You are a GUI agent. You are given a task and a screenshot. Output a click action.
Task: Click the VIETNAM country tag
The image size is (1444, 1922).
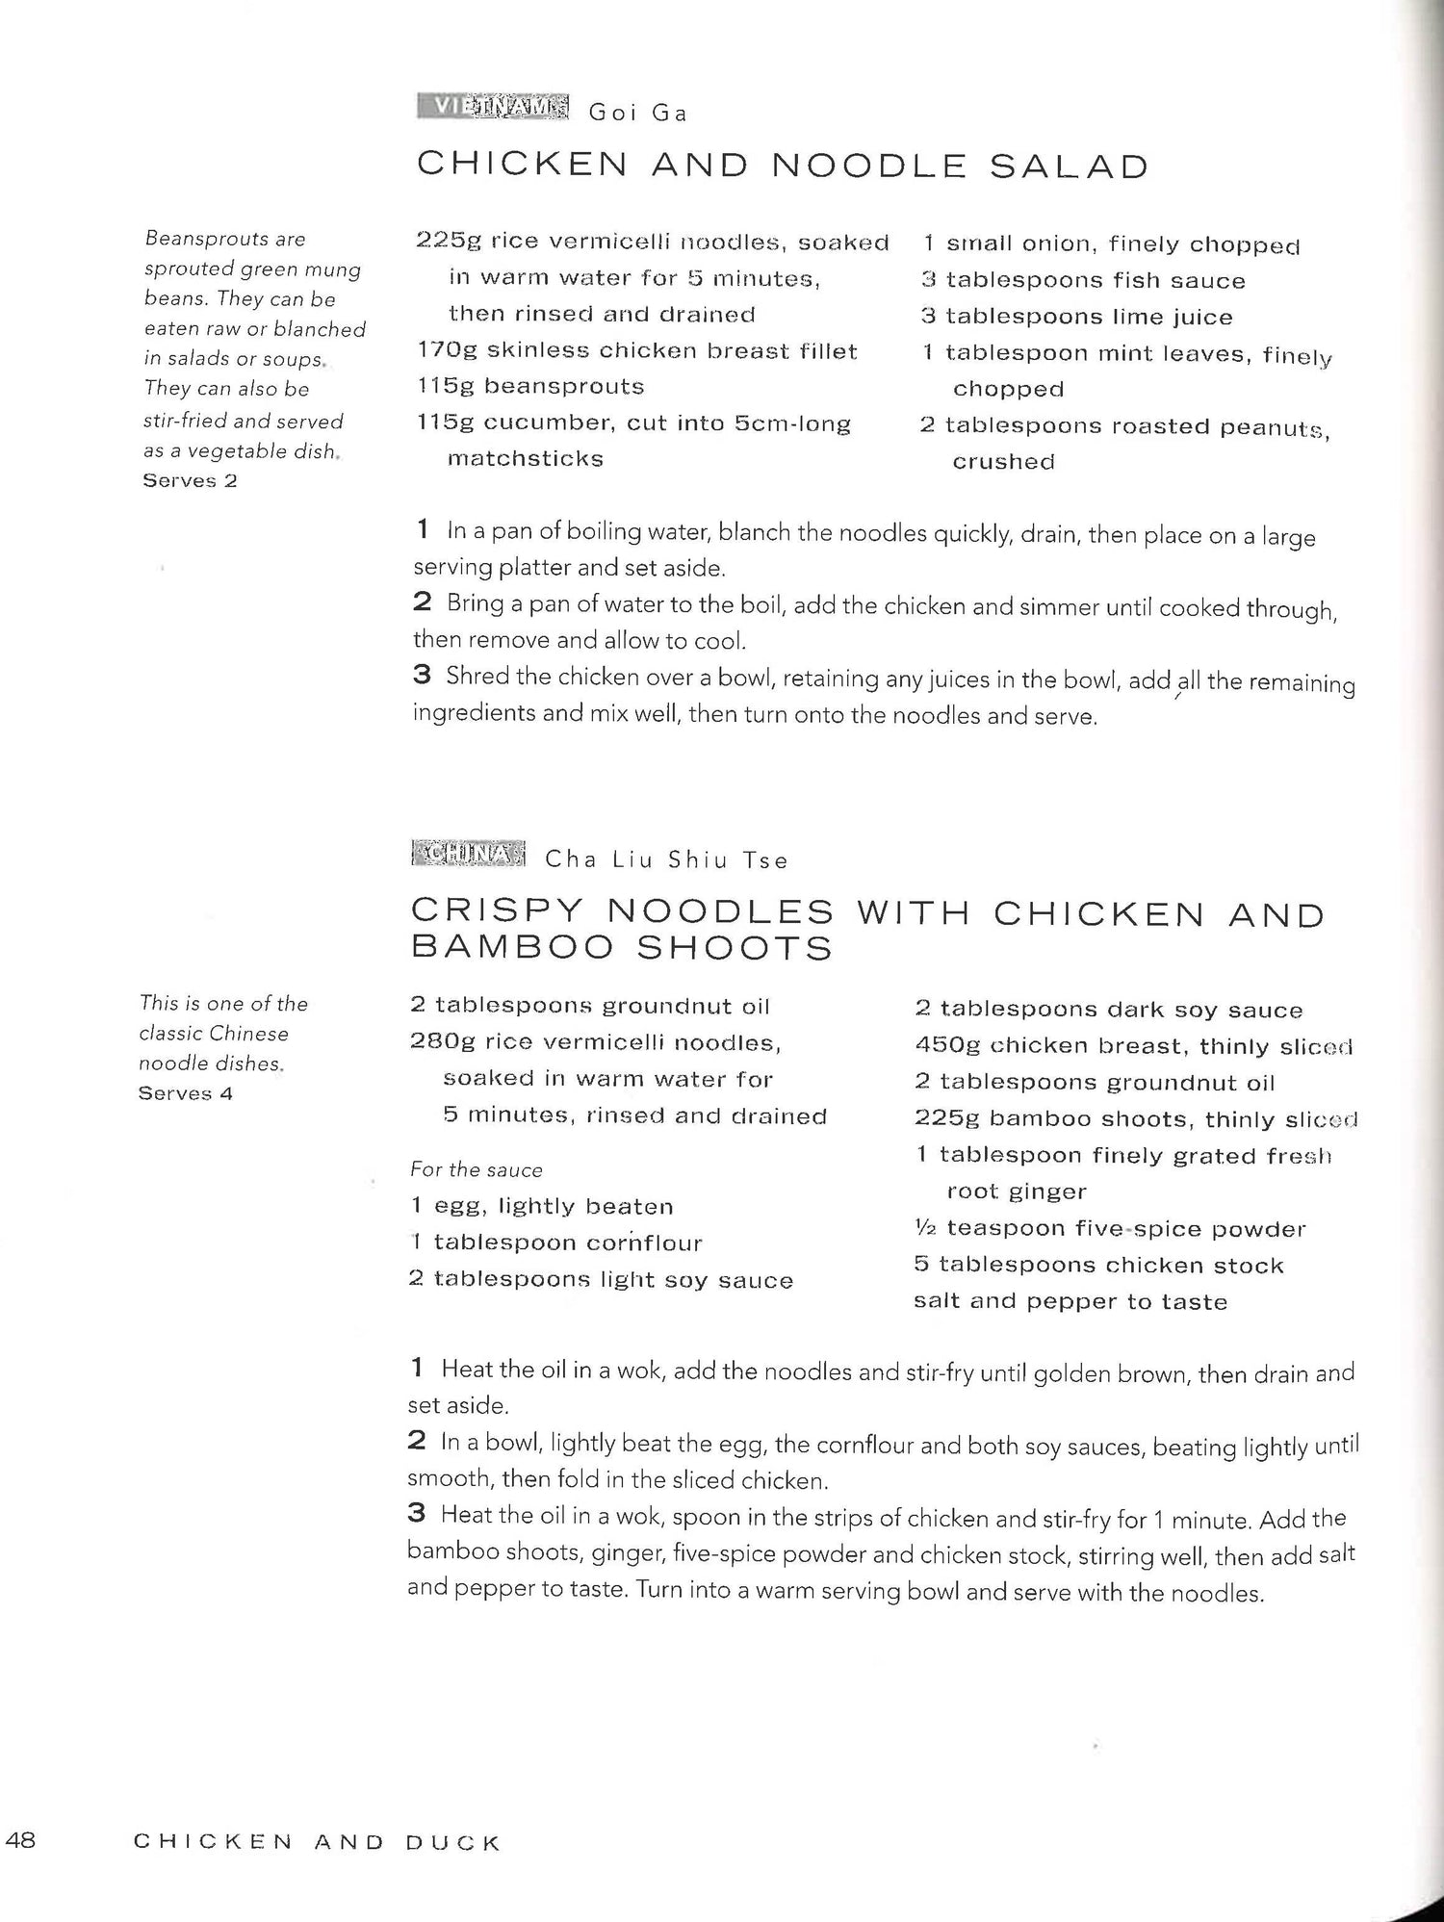493,107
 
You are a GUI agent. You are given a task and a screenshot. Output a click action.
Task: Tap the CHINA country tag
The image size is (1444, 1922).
468,854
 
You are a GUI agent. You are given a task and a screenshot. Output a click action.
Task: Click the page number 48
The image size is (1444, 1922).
20,1840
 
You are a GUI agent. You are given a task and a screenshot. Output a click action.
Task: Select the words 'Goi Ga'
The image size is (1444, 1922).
638,114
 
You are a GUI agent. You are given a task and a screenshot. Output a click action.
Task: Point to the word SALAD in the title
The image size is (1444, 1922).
1070,167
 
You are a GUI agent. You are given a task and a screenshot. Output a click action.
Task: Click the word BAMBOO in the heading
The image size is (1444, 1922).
512,948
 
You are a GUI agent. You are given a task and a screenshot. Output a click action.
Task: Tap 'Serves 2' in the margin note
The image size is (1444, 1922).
190,480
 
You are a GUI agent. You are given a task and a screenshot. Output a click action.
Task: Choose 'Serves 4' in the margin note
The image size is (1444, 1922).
186,1093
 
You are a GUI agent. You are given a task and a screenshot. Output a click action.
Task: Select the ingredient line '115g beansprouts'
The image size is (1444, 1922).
530,387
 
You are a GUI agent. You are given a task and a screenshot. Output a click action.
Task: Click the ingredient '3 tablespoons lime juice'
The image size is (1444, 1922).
1076,317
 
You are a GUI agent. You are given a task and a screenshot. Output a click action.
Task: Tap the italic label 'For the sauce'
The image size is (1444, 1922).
477,1170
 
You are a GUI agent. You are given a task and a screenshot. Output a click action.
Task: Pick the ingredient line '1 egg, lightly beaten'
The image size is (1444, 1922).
542,1207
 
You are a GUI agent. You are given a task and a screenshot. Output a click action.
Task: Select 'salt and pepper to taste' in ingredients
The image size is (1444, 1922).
1070,1302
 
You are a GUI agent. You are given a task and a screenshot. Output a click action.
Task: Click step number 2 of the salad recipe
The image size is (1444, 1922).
422,603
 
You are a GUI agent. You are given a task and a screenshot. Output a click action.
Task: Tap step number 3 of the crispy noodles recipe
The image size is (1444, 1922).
416,1514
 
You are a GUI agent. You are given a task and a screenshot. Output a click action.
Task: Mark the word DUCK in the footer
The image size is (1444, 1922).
452,1842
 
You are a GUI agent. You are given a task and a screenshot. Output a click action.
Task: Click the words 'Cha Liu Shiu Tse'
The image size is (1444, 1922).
666,860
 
